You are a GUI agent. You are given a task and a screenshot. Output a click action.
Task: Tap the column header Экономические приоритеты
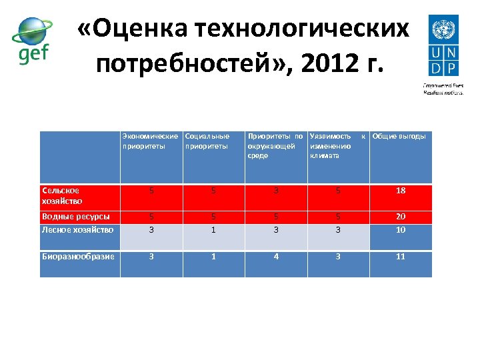[x=150, y=141]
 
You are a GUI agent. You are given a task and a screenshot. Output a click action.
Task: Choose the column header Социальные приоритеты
[x=207, y=141]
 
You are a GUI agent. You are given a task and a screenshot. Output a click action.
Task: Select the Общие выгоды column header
[x=399, y=136]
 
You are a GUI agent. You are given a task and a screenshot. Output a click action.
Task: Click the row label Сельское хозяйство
[x=61, y=195]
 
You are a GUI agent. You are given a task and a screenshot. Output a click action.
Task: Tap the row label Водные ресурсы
[x=76, y=216]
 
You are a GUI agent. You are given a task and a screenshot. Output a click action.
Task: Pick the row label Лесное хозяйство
[x=77, y=229]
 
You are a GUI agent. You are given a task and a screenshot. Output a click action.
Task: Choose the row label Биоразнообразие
[x=78, y=256]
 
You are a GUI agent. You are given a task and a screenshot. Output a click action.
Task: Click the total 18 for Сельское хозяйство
[x=401, y=191]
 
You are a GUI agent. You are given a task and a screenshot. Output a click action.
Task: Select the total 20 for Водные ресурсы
[x=401, y=217]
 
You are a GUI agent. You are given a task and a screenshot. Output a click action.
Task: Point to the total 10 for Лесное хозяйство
[x=401, y=230]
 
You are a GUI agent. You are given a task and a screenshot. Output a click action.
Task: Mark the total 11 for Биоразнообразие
[x=401, y=256]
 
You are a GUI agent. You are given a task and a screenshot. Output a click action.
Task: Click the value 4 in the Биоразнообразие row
[x=275, y=256]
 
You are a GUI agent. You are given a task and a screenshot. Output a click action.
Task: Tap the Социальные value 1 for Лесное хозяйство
[x=213, y=230]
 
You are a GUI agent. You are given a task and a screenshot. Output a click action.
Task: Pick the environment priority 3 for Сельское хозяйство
[x=275, y=191]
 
